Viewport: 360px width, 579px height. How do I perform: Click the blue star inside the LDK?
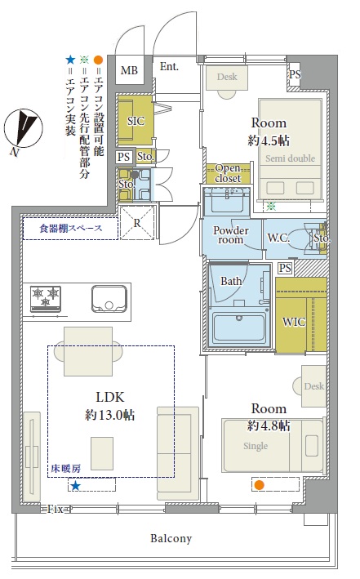pyautogui.click(x=75, y=485)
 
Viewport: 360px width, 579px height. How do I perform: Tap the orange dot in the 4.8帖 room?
pyautogui.click(x=260, y=485)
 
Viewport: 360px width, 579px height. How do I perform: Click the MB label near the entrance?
pyautogui.click(x=129, y=69)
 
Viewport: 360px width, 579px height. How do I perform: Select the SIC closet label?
pyautogui.click(x=136, y=121)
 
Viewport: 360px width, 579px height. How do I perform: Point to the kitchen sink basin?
pyautogui.click(x=109, y=298)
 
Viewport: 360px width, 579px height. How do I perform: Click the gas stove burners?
pyautogui.click(x=46, y=298)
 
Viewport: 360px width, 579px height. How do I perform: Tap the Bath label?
pyautogui.click(x=231, y=282)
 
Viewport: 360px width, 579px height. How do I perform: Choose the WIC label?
pyautogui.click(x=294, y=322)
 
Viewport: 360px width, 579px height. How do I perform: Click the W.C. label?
pyautogui.click(x=278, y=238)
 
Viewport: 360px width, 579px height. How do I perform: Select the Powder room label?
pyautogui.click(x=231, y=235)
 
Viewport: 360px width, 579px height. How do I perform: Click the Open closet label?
pyautogui.click(x=229, y=174)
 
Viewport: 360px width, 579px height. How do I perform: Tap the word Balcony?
pyautogui.click(x=171, y=538)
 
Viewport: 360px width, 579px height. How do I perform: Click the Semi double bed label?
pyautogui.click(x=291, y=158)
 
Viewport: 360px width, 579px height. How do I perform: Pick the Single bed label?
pyautogui.click(x=256, y=446)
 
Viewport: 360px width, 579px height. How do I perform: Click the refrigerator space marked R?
pyautogui.click(x=137, y=223)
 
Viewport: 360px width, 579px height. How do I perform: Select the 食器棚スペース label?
pyautogui.click(x=70, y=229)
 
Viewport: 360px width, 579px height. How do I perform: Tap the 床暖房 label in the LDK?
pyautogui.click(x=66, y=469)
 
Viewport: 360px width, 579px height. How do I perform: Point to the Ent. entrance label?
pyautogui.click(x=169, y=66)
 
